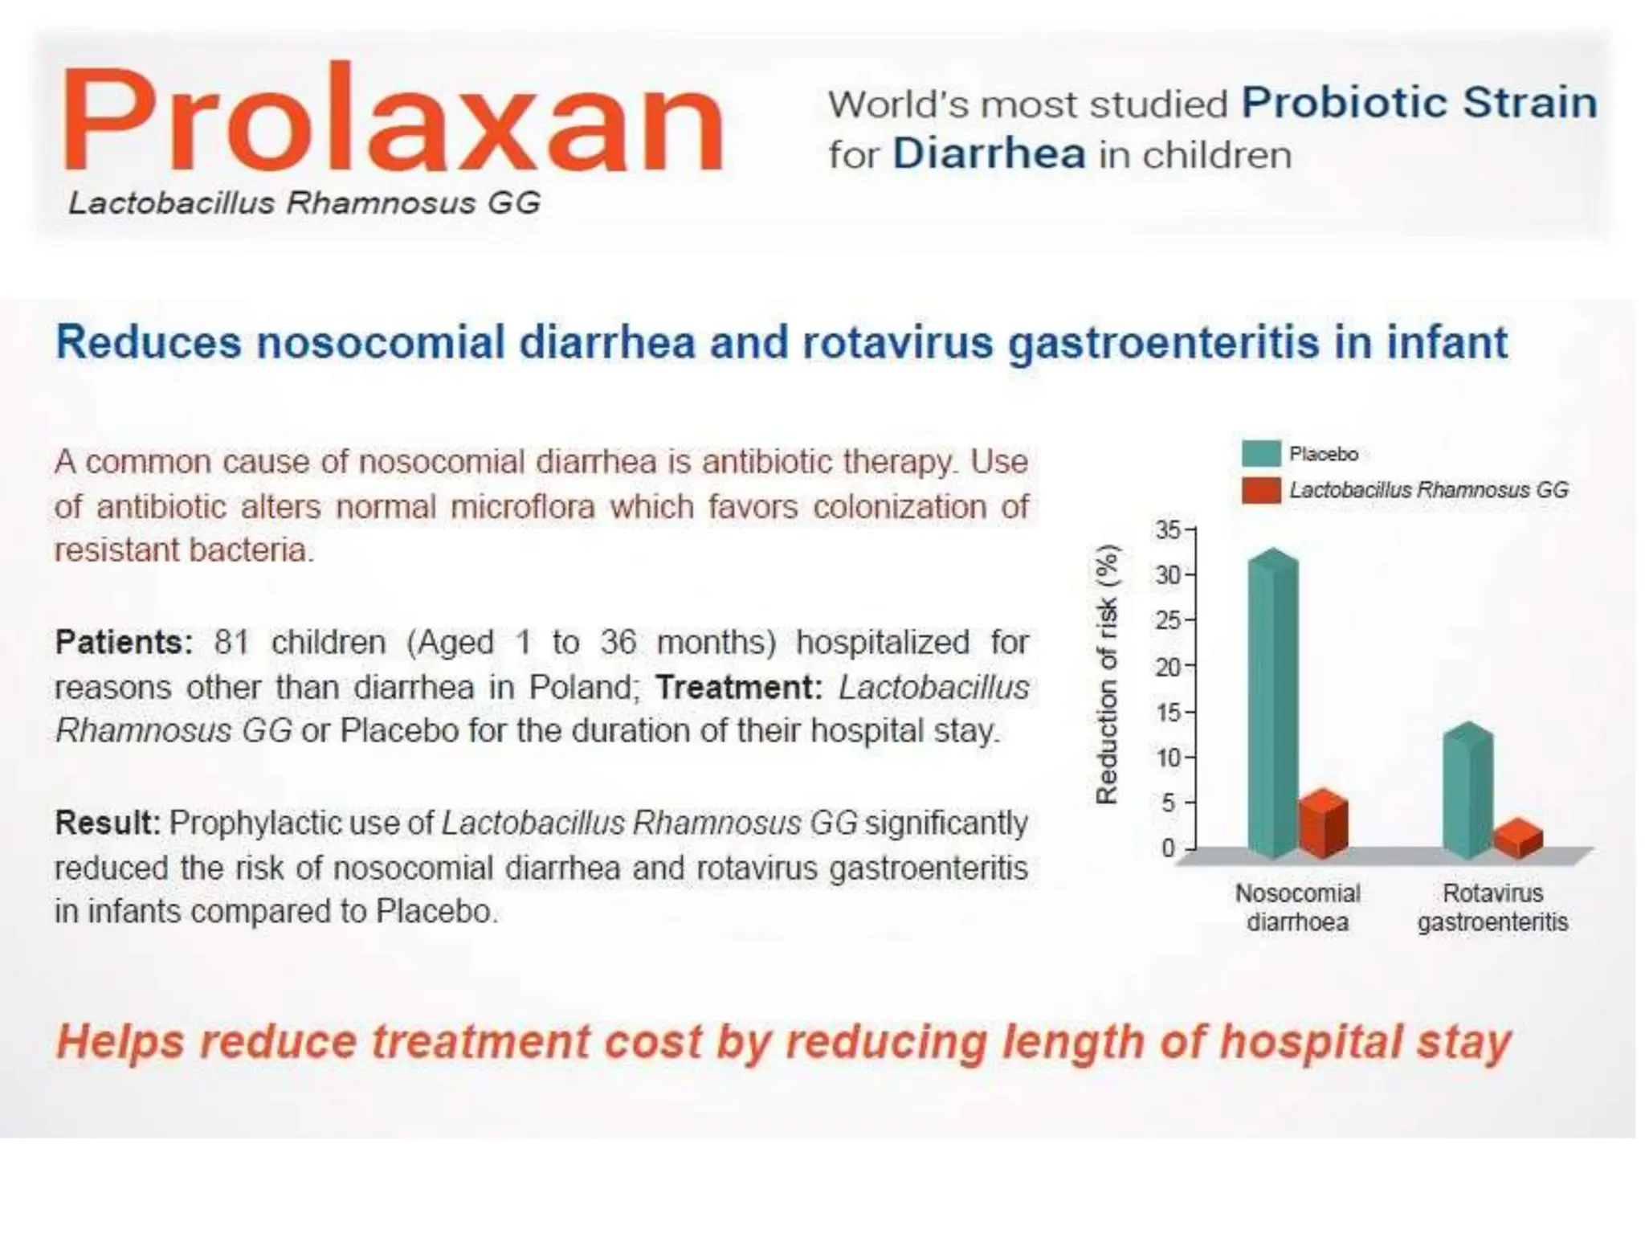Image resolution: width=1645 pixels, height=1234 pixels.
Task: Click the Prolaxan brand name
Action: [392, 121]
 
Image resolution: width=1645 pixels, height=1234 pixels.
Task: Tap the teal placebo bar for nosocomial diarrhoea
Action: [1273, 707]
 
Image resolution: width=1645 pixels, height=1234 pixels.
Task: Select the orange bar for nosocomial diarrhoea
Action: [1322, 826]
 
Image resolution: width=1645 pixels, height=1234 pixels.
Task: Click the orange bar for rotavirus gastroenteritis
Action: [1517, 840]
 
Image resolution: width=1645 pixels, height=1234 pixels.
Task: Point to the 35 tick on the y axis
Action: [1169, 530]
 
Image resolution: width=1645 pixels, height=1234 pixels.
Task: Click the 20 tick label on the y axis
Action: [1169, 667]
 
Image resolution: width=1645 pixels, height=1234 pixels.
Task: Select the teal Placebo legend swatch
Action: [1261, 454]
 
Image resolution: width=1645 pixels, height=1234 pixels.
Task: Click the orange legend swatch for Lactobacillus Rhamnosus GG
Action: [1261, 490]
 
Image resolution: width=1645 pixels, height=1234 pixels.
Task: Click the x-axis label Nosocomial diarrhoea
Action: [1297, 908]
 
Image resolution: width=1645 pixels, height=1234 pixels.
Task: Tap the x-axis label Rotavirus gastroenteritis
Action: [1492, 908]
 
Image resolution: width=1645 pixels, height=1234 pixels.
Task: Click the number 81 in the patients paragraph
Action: [232, 643]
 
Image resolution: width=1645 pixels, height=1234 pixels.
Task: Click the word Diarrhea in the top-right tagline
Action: [989, 153]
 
